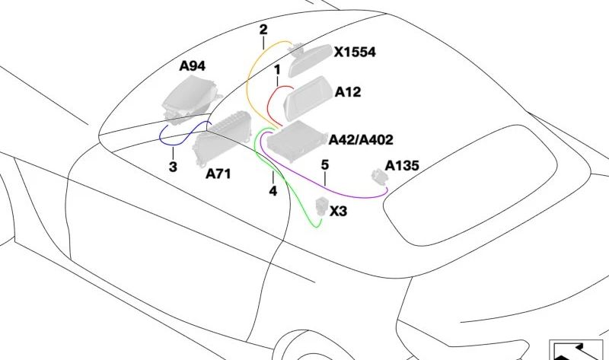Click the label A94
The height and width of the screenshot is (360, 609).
[x=193, y=66]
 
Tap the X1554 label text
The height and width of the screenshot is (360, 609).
[x=355, y=52]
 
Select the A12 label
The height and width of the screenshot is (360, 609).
[x=348, y=92]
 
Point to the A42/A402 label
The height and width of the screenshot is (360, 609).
[x=361, y=140]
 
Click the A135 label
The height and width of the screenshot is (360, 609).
[x=402, y=166]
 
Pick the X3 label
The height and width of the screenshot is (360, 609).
[x=338, y=212]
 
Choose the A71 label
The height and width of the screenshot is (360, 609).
[x=218, y=174]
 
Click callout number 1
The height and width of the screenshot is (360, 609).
[x=277, y=70]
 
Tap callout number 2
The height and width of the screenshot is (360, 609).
[x=263, y=30]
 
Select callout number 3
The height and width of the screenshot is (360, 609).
[x=173, y=167]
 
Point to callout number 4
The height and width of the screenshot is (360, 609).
[x=273, y=191]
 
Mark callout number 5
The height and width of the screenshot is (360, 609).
[x=325, y=164]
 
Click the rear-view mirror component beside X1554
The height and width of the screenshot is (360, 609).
[x=309, y=59]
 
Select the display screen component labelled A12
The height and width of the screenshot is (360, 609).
[x=308, y=98]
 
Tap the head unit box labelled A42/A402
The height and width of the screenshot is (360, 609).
[x=296, y=141]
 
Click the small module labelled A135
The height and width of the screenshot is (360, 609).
[x=379, y=177]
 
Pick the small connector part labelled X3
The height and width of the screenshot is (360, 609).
[x=322, y=205]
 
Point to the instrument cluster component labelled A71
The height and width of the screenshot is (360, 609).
[x=222, y=138]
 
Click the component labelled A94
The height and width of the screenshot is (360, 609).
[x=190, y=100]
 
